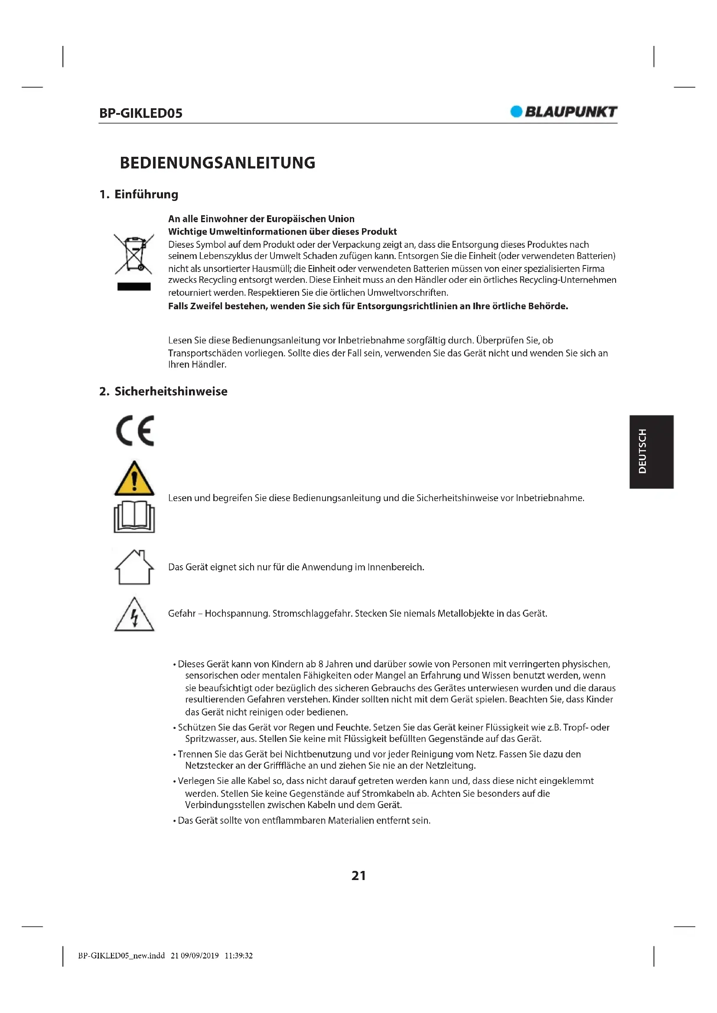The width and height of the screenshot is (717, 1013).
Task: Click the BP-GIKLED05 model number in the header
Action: (140, 113)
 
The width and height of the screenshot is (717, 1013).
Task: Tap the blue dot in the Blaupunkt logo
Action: (516, 112)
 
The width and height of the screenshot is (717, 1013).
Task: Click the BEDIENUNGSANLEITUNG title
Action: (218, 163)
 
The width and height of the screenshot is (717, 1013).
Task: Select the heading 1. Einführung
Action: (139, 194)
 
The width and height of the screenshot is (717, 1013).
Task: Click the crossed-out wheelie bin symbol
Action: (134, 254)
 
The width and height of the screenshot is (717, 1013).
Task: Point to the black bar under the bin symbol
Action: (134, 287)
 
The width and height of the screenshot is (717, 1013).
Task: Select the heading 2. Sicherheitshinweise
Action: (163, 392)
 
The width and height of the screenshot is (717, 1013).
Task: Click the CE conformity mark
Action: (135, 430)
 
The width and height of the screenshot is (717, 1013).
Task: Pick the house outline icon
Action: (134, 567)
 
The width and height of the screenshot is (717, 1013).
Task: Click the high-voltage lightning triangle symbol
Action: (134, 615)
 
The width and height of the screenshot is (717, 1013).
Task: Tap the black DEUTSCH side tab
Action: (651, 451)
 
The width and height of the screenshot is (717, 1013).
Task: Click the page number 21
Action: (358, 876)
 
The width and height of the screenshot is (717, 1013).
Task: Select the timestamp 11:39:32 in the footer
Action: (238, 956)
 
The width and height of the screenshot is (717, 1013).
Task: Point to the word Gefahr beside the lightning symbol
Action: (182, 614)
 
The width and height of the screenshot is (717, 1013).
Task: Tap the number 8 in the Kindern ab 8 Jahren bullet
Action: (321, 664)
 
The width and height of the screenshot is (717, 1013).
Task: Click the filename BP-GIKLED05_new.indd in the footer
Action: (121, 956)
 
